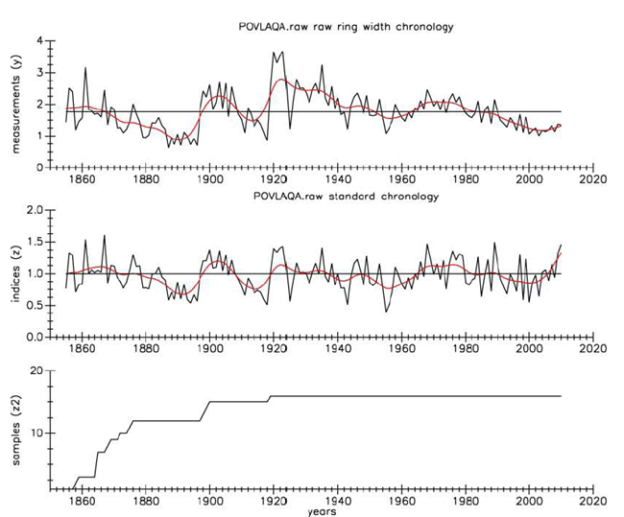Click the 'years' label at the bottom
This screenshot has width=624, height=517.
coord(321,511)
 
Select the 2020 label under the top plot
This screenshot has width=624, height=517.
coord(592,178)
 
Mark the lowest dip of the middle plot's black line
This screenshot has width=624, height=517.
coord(386,312)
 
